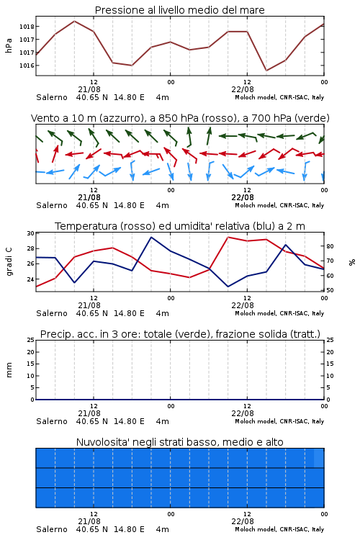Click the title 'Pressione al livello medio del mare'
tap(179, 10)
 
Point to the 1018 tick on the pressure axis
tap(27, 27)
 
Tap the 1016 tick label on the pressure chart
tap(27, 66)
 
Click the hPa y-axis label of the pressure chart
tap(9, 45)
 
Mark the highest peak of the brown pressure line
tap(74, 21)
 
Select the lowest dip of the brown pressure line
tap(266, 71)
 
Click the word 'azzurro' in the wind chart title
tap(120, 118)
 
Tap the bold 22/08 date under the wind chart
tap(243, 197)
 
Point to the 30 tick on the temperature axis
tap(30, 233)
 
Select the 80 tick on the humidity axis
tap(330, 246)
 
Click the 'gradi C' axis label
tap(9, 261)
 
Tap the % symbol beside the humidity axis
tap(352, 262)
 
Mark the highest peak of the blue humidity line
tap(151, 237)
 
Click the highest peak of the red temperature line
tap(228, 237)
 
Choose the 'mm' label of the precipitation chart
tap(9, 370)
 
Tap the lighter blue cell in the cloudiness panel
tap(319, 458)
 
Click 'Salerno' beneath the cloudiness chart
tap(52, 529)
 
